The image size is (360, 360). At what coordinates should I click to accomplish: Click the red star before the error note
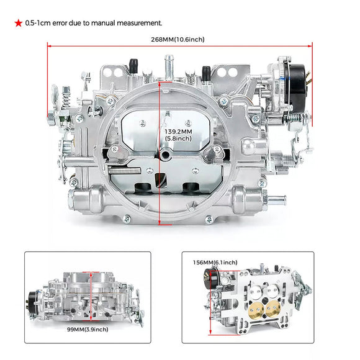(19, 23)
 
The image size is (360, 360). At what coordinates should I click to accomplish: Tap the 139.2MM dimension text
(179, 132)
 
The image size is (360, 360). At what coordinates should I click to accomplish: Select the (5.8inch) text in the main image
(179, 139)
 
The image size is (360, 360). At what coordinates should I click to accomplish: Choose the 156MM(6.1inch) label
(215, 263)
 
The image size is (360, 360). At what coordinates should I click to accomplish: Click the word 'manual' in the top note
(112, 23)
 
